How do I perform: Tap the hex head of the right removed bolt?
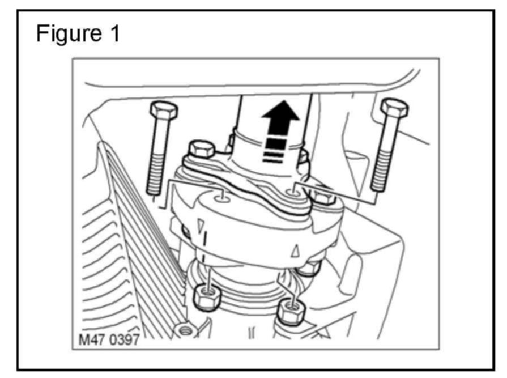(391, 108)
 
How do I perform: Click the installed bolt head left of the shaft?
(201, 150)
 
